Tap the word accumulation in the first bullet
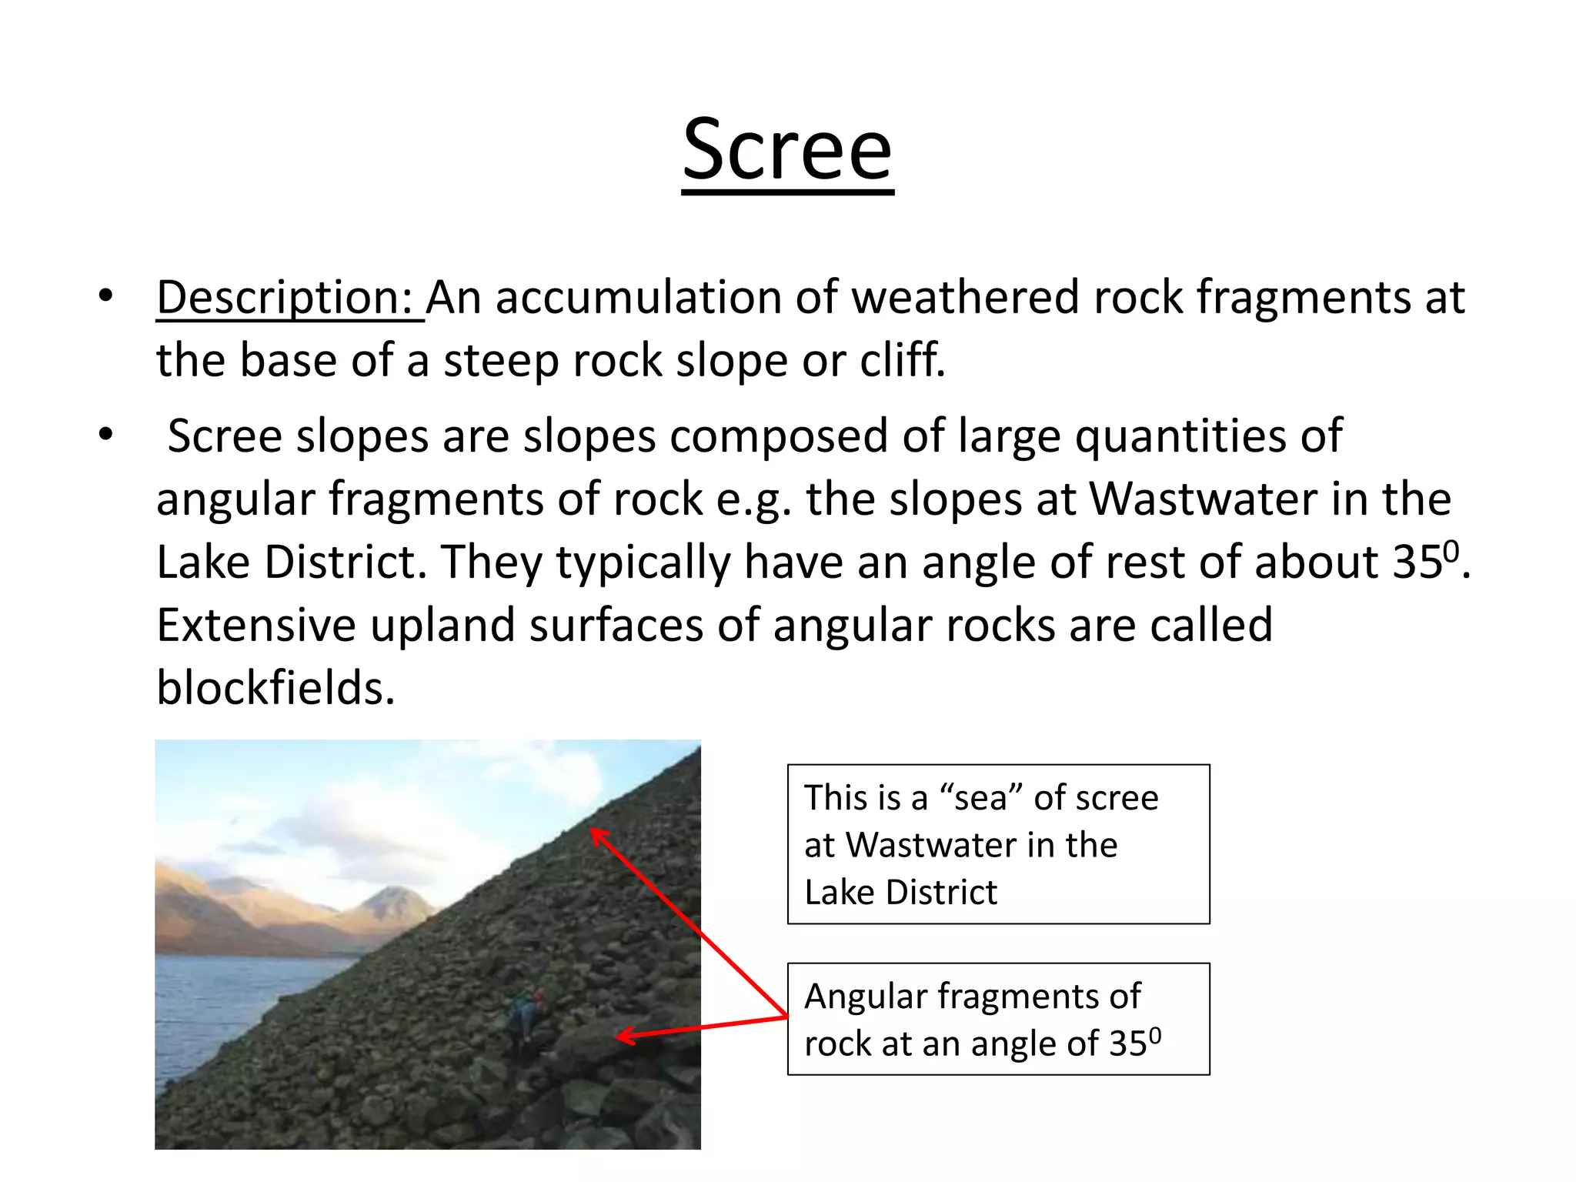point(638,298)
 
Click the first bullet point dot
point(105,295)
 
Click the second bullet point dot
point(105,435)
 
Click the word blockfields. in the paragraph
point(275,687)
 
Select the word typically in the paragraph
point(643,563)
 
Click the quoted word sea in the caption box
point(980,798)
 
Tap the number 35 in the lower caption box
point(1128,1044)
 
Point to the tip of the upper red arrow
point(593,830)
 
